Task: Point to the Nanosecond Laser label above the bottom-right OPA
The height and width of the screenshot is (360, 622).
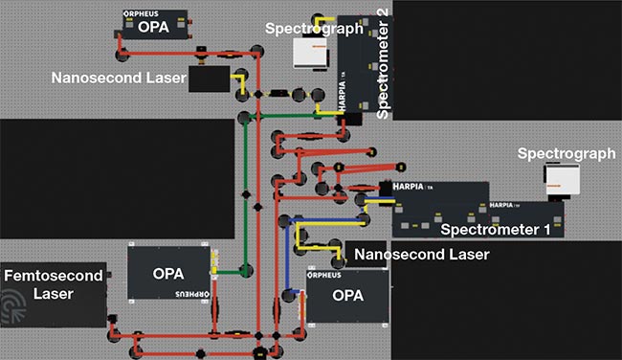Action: coord(422,255)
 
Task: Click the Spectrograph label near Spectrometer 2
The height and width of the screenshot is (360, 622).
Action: coord(314,29)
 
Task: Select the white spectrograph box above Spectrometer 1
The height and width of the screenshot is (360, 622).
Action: coord(558,179)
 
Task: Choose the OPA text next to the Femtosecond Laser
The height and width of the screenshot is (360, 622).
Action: coord(174,273)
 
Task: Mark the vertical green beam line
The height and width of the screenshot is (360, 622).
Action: coord(246,191)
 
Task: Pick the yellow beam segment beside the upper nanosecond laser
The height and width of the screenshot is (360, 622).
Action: coord(241,84)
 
